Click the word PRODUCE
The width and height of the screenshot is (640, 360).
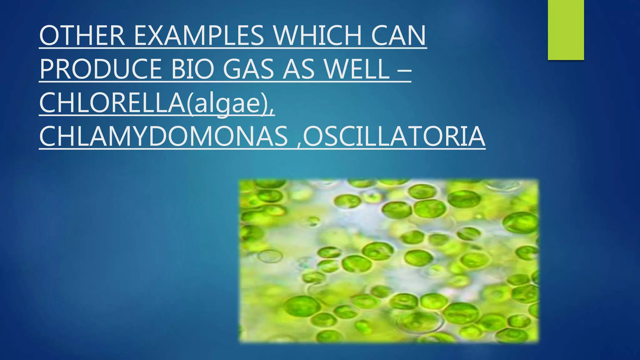[x=101, y=69]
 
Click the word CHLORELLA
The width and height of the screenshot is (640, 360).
[x=112, y=103]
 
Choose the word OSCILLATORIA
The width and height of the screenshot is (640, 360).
[x=394, y=137]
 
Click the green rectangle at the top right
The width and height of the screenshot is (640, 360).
[x=566, y=30]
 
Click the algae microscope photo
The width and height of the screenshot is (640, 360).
[x=389, y=261]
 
